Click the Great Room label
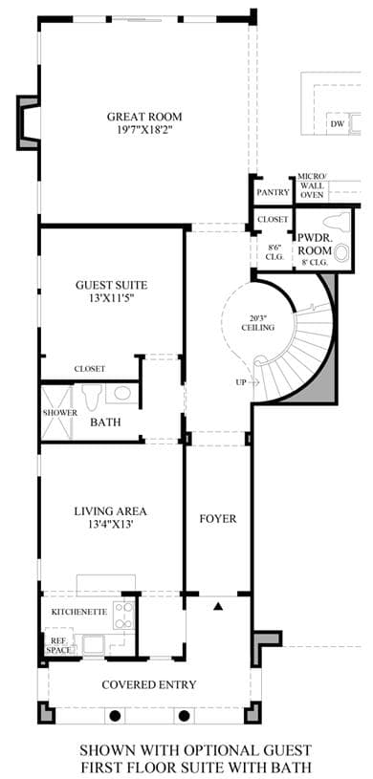pos(144,118)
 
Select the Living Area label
pos(111,510)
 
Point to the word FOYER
pos(218,519)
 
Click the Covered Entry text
pos(148,684)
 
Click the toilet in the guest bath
pos(92,397)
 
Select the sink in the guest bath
pos(122,393)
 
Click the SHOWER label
pos(59,413)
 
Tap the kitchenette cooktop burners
pos(123,616)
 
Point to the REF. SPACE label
pos(58,645)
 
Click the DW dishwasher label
pos(337,124)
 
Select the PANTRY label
pos(273,193)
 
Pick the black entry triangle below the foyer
pos(218,606)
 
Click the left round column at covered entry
pos(115,716)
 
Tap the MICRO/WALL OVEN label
pos(312,185)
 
